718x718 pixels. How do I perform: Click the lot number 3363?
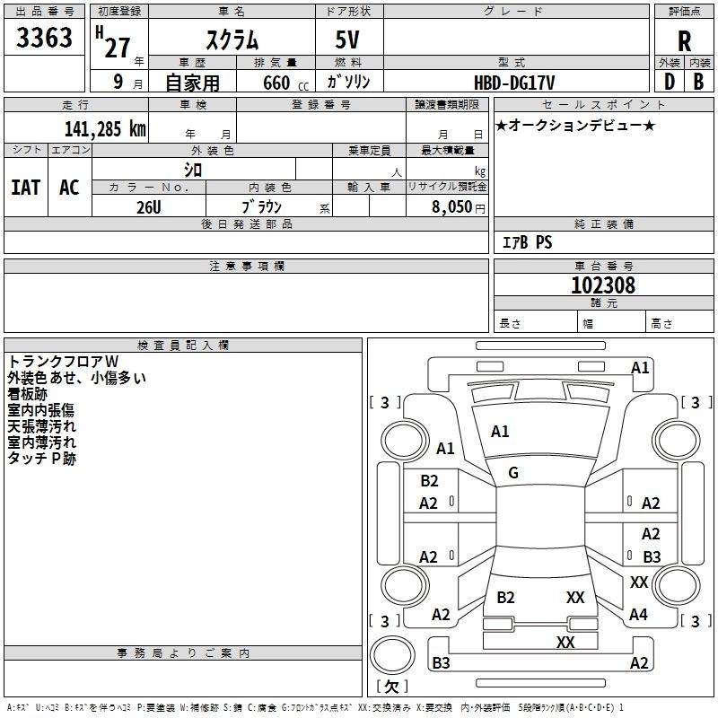coord(45,38)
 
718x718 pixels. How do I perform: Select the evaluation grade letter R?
coord(685,40)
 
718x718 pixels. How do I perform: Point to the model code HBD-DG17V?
coord(515,82)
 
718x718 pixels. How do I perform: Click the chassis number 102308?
coord(603,285)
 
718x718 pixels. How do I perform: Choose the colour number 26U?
coord(149,206)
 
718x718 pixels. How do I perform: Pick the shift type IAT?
coord(25,187)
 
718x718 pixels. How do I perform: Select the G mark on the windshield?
coord(513,472)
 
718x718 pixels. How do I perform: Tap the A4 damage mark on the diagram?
coord(638,615)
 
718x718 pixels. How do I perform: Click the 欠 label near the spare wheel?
coord(390,687)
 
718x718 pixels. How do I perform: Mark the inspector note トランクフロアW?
coord(62,363)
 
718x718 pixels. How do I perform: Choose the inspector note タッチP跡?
coord(42,458)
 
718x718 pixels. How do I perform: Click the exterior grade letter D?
coord(669,82)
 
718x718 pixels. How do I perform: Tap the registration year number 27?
coord(117,47)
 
